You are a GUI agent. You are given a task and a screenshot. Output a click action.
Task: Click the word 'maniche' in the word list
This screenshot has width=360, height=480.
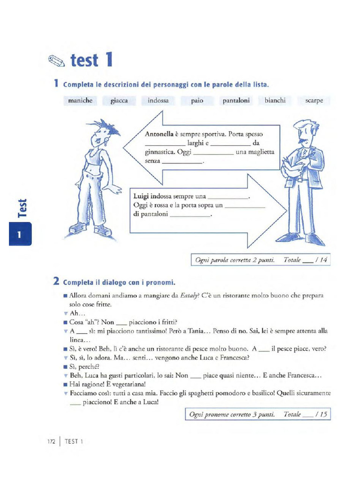(x=80, y=101)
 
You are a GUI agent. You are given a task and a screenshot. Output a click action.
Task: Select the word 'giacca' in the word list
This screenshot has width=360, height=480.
(x=119, y=101)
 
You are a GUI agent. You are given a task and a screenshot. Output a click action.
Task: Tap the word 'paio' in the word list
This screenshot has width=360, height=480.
(x=197, y=101)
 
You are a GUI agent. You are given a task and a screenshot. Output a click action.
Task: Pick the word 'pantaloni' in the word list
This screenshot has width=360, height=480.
(x=236, y=101)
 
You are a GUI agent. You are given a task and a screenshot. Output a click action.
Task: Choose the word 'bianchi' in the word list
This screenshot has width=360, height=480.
(x=275, y=101)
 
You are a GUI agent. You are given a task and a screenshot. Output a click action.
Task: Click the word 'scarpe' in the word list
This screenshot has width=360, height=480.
(x=314, y=101)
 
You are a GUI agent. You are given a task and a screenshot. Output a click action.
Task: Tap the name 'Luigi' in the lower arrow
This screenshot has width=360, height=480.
(x=141, y=196)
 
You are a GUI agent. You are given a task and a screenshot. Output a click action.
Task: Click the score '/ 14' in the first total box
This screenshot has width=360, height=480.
(x=321, y=260)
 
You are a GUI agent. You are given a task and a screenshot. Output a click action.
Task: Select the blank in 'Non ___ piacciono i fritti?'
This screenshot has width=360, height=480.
(x=121, y=322)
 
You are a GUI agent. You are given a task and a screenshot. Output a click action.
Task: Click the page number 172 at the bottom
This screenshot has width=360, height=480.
(x=52, y=442)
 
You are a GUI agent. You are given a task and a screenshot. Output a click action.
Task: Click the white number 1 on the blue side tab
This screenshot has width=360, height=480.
(x=20, y=235)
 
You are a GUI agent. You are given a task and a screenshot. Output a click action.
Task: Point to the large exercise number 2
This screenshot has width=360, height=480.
(x=56, y=282)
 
